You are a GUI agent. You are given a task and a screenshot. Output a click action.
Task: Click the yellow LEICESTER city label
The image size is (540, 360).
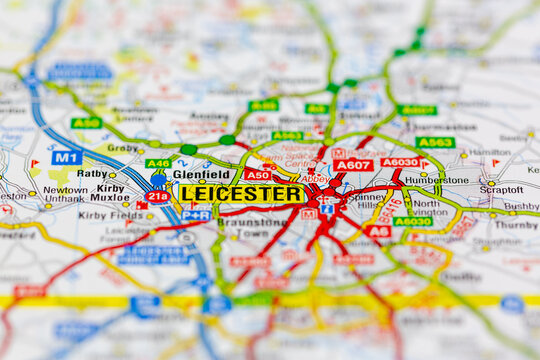click(x=242, y=193)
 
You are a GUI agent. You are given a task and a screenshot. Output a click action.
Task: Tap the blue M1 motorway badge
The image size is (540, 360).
click(x=67, y=157)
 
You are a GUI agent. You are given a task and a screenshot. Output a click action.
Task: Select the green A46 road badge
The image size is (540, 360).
click(x=158, y=163)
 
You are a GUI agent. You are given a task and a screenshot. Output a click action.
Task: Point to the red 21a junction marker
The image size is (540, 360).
click(x=157, y=196)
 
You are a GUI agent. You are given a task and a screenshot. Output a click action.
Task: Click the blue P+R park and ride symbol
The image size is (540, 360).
click(x=196, y=215)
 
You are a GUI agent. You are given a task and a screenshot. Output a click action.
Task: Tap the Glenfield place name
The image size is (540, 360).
click(x=201, y=173)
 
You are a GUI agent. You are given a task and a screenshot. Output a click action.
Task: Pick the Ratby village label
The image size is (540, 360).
click(x=92, y=173)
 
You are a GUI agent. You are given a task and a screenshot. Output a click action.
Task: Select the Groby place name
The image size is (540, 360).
click(x=123, y=147)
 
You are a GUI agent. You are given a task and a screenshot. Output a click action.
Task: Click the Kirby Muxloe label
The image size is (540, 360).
click(x=111, y=192)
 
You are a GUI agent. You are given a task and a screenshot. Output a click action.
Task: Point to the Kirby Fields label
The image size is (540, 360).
click(x=110, y=214)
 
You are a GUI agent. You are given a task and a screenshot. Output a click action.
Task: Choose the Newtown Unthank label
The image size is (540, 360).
click(x=65, y=193)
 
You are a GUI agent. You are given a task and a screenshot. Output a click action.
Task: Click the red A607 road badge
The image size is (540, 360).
click(x=352, y=165)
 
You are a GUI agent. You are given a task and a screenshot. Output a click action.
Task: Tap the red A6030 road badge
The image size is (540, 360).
click(x=400, y=162)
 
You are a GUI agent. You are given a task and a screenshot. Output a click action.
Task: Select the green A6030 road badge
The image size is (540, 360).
click(x=412, y=221)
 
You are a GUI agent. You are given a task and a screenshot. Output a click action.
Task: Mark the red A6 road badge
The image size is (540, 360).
click(x=377, y=231)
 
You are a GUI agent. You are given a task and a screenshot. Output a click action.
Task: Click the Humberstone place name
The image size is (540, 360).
click(x=436, y=180)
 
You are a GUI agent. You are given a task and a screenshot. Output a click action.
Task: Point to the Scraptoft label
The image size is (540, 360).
click(x=500, y=189)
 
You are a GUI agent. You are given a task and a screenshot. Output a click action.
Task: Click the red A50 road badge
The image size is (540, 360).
click(x=258, y=174)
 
